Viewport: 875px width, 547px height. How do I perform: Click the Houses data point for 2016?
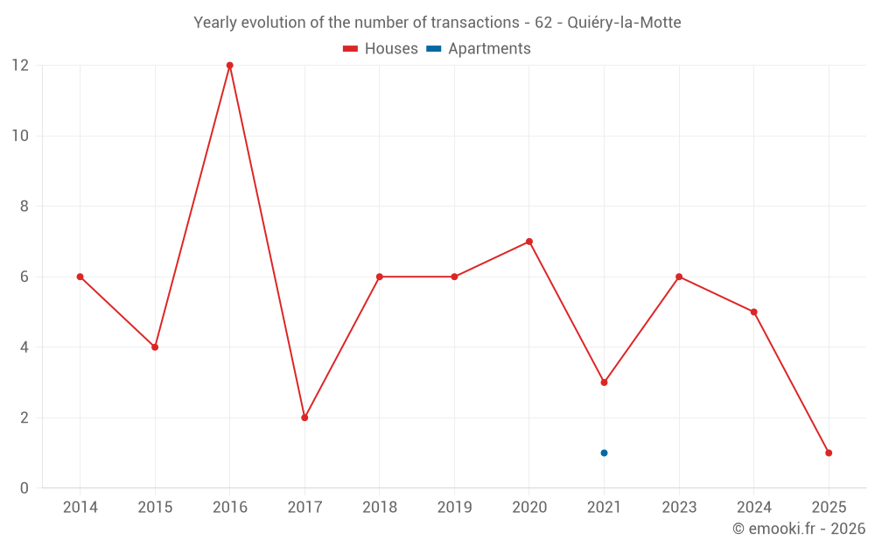[x=230, y=66]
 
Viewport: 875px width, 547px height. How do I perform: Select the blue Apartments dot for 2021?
[x=604, y=452]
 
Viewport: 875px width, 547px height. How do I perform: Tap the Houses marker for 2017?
[x=304, y=417]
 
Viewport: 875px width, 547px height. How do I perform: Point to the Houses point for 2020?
[x=529, y=242]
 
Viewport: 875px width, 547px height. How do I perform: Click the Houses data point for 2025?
[x=829, y=452]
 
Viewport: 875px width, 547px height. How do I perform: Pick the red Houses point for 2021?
[x=604, y=382]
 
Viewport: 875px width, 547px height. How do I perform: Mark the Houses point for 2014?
[x=80, y=277]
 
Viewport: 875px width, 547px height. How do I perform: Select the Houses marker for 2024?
[x=753, y=312]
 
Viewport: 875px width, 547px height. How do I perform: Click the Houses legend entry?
[x=381, y=49]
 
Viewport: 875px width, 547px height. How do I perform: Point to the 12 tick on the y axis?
[x=19, y=66]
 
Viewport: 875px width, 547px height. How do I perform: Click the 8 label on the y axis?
[x=24, y=207]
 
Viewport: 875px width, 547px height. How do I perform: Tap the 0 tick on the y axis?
[x=24, y=487]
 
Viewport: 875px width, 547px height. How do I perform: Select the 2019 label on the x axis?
[x=454, y=508]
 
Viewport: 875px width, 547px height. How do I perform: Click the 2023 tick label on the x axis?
[x=679, y=508]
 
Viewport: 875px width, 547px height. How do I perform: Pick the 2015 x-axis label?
[x=155, y=508]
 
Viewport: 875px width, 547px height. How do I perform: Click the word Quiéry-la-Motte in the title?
[x=624, y=23]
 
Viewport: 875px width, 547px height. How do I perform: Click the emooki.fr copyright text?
[x=799, y=529]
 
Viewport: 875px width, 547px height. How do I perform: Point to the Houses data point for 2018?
[x=380, y=277]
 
